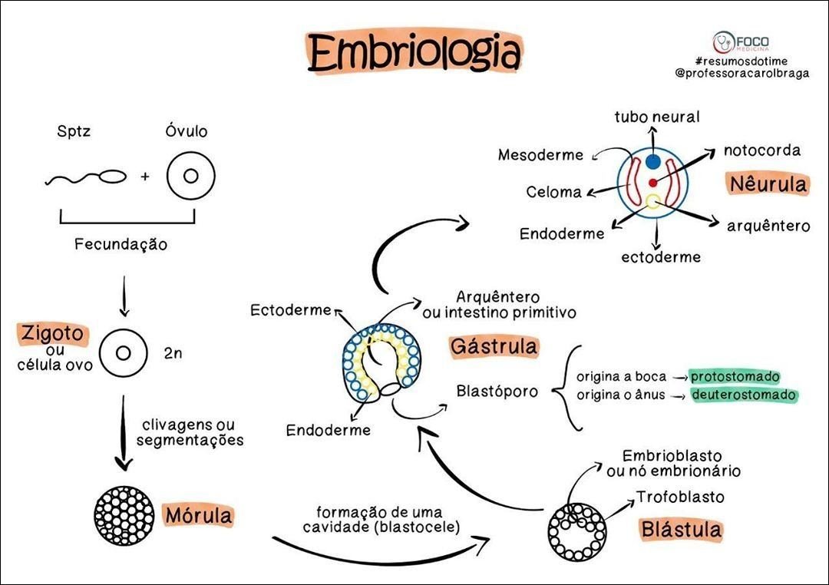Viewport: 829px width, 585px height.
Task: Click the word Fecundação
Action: pyautogui.click(x=121, y=245)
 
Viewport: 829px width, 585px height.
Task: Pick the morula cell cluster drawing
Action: pyautogui.click(x=124, y=515)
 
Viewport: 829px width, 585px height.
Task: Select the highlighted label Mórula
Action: pyautogui.click(x=198, y=515)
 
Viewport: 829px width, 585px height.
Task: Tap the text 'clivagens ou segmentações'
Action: pyautogui.click(x=189, y=432)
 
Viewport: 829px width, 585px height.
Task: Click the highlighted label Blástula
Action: pyautogui.click(x=682, y=529)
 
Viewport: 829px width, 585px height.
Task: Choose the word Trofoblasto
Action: pyautogui.click(x=680, y=497)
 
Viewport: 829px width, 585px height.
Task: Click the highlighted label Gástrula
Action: pyautogui.click(x=494, y=346)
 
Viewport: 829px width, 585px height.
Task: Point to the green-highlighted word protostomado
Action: pyautogui.click(x=735, y=376)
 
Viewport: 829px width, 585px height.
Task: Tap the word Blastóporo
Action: pyautogui.click(x=497, y=391)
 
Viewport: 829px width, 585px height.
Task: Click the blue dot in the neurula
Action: pyautogui.click(x=652, y=162)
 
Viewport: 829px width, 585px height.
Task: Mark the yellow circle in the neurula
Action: pyautogui.click(x=652, y=202)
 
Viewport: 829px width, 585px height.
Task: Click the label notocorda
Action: pyautogui.click(x=761, y=150)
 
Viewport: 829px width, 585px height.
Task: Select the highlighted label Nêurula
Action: pyautogui.click(x=768, y=184)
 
